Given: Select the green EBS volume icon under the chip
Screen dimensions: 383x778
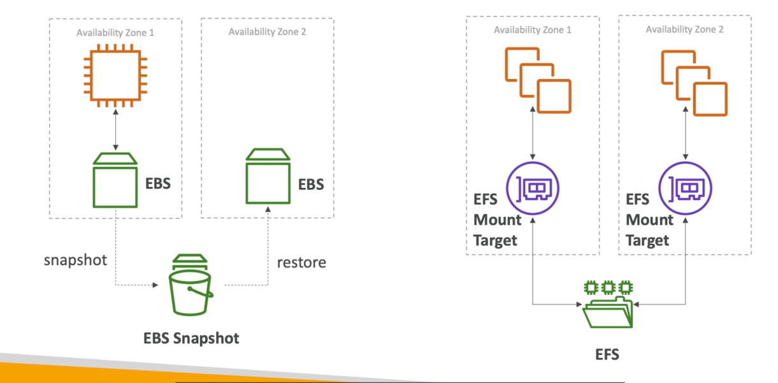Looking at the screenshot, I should click(115, 180).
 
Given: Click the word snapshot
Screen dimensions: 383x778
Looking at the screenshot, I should click(75, 261).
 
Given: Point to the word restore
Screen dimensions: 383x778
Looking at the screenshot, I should click(301, 262).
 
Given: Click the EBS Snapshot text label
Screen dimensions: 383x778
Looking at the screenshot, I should click(191, 338).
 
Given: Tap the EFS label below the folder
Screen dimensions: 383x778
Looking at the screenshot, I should click(607, 354).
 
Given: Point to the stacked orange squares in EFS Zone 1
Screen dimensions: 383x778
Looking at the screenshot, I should click(538, 80).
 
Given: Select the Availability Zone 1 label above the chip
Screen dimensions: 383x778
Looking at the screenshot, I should click(115, 33).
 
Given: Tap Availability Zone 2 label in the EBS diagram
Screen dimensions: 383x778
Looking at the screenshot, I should click(268, 32).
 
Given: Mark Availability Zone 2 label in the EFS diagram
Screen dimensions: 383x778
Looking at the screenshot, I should click(684, 30).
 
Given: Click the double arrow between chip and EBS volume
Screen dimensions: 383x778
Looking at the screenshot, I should click(115, 129).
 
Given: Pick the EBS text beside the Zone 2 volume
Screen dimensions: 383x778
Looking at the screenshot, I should click(311, 185).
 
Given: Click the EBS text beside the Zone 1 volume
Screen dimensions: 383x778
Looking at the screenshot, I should click(158, 184).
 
